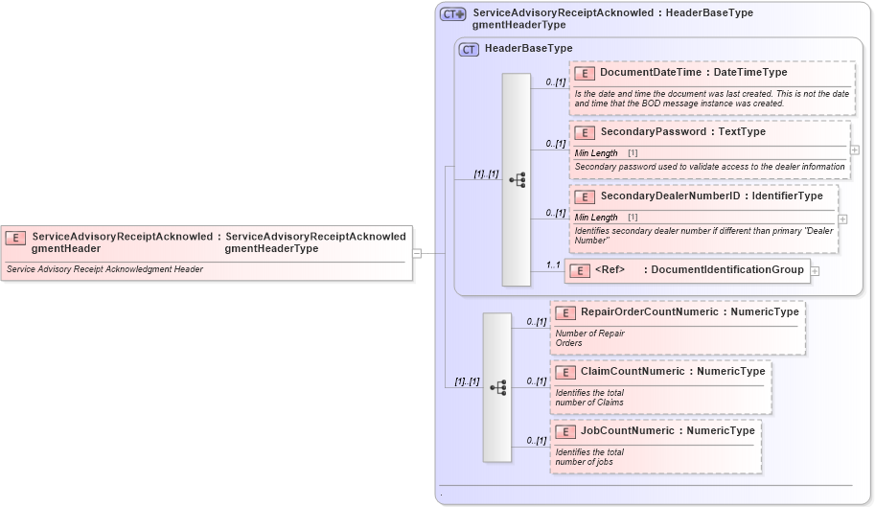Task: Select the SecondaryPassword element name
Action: click(656, 131)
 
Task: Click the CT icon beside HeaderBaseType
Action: click(469, 49)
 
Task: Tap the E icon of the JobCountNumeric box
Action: click(564, 431)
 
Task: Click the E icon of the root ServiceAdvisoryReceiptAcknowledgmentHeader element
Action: click(15, 237)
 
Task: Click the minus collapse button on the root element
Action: click(417, 253)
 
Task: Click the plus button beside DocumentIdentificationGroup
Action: click(815, 271)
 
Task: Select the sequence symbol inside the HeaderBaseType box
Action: click(517, 179)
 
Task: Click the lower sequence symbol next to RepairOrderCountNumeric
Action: click(497, 386)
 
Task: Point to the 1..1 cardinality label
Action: click(553, 265)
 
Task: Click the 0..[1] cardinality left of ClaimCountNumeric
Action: click(536, 380)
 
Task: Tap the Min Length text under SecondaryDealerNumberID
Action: click(596, 218)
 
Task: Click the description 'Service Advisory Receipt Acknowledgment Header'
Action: click(104, 269)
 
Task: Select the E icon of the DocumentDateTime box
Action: click(584, 73)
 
